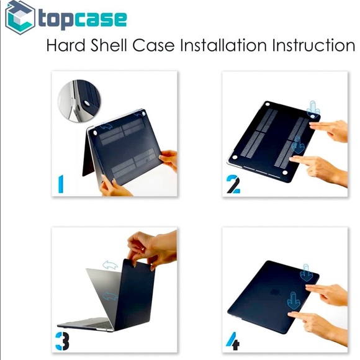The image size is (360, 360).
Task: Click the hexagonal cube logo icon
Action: [x=20, y=17]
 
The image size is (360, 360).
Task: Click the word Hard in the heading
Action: [x=66, y=45]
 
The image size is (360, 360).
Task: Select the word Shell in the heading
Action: [x=109, y=45]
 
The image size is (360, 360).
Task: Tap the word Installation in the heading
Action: [x=223, y=45]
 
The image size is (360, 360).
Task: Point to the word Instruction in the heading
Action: [x=313, y=45]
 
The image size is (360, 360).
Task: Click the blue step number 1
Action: [x=61, y=184]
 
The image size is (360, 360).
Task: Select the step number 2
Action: [x=233, y=184]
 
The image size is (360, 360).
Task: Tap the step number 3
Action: [x=62, y=341]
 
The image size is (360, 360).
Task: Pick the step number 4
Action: [x=233, y=341]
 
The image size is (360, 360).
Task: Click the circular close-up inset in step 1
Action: [x=79, y=101]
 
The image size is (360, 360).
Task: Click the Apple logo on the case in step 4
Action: [x=274, y=292]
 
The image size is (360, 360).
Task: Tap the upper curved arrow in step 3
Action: [x=110, y=265]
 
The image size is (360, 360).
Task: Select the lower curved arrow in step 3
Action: [x=110, y=295]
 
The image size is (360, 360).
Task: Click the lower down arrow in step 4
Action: [x=294, y=301]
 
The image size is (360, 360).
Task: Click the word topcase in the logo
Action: [x=83, y=20]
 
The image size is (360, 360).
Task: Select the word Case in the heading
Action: [x=153, y=45]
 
